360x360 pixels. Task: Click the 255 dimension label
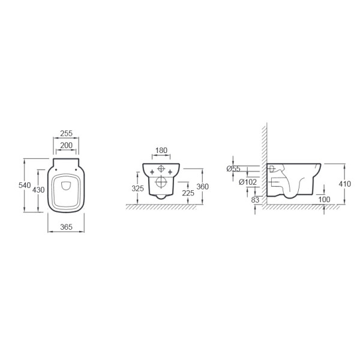click(66, 133)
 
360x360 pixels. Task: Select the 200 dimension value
click(66, 145)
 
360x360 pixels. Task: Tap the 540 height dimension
click(25, 185)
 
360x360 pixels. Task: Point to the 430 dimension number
click(38, 190)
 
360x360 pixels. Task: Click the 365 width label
click(66, 227)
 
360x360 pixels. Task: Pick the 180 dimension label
click(161, 151)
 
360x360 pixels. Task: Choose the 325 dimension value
click(138, 188)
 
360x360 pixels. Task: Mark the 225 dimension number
click(188, 193)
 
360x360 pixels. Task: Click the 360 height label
click(203, 187)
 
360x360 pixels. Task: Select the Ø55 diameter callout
click(233, 169)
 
